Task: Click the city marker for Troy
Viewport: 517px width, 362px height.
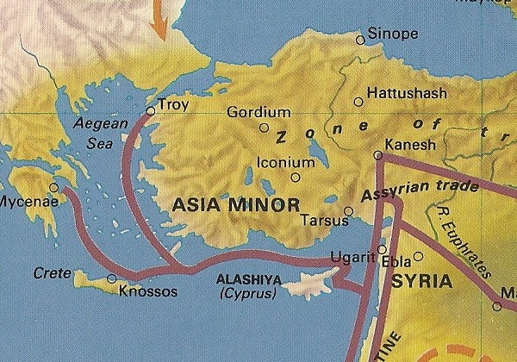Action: point(151,110)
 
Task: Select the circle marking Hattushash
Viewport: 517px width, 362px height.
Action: point(358,102)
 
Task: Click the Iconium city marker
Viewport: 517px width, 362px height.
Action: point(296,178)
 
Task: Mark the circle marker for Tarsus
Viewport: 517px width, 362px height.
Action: point(348,210)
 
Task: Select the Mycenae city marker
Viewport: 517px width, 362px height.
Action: point(54,186)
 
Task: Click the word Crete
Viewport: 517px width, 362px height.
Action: point(50,272)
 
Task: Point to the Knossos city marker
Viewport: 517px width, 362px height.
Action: point(111,278)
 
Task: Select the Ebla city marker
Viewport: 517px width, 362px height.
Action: point(418,256)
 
